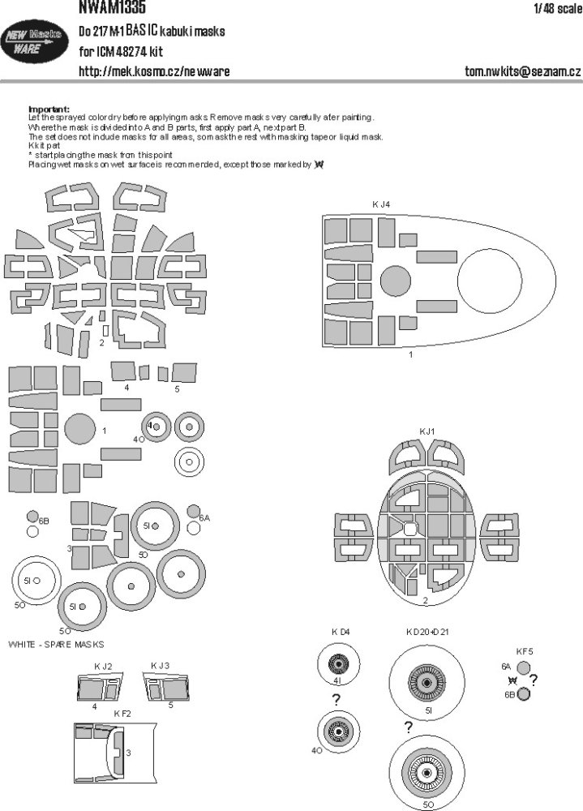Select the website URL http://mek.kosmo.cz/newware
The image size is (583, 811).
pos(154,71)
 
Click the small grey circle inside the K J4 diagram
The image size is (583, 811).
pos(397,283)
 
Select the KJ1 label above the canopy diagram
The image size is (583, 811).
pos(427,431)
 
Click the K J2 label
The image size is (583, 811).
pos(102,666)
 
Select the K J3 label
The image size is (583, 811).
pos(160,666)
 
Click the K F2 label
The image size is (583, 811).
pos(122,712)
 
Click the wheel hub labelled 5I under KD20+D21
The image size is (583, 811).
pos(428,679)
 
